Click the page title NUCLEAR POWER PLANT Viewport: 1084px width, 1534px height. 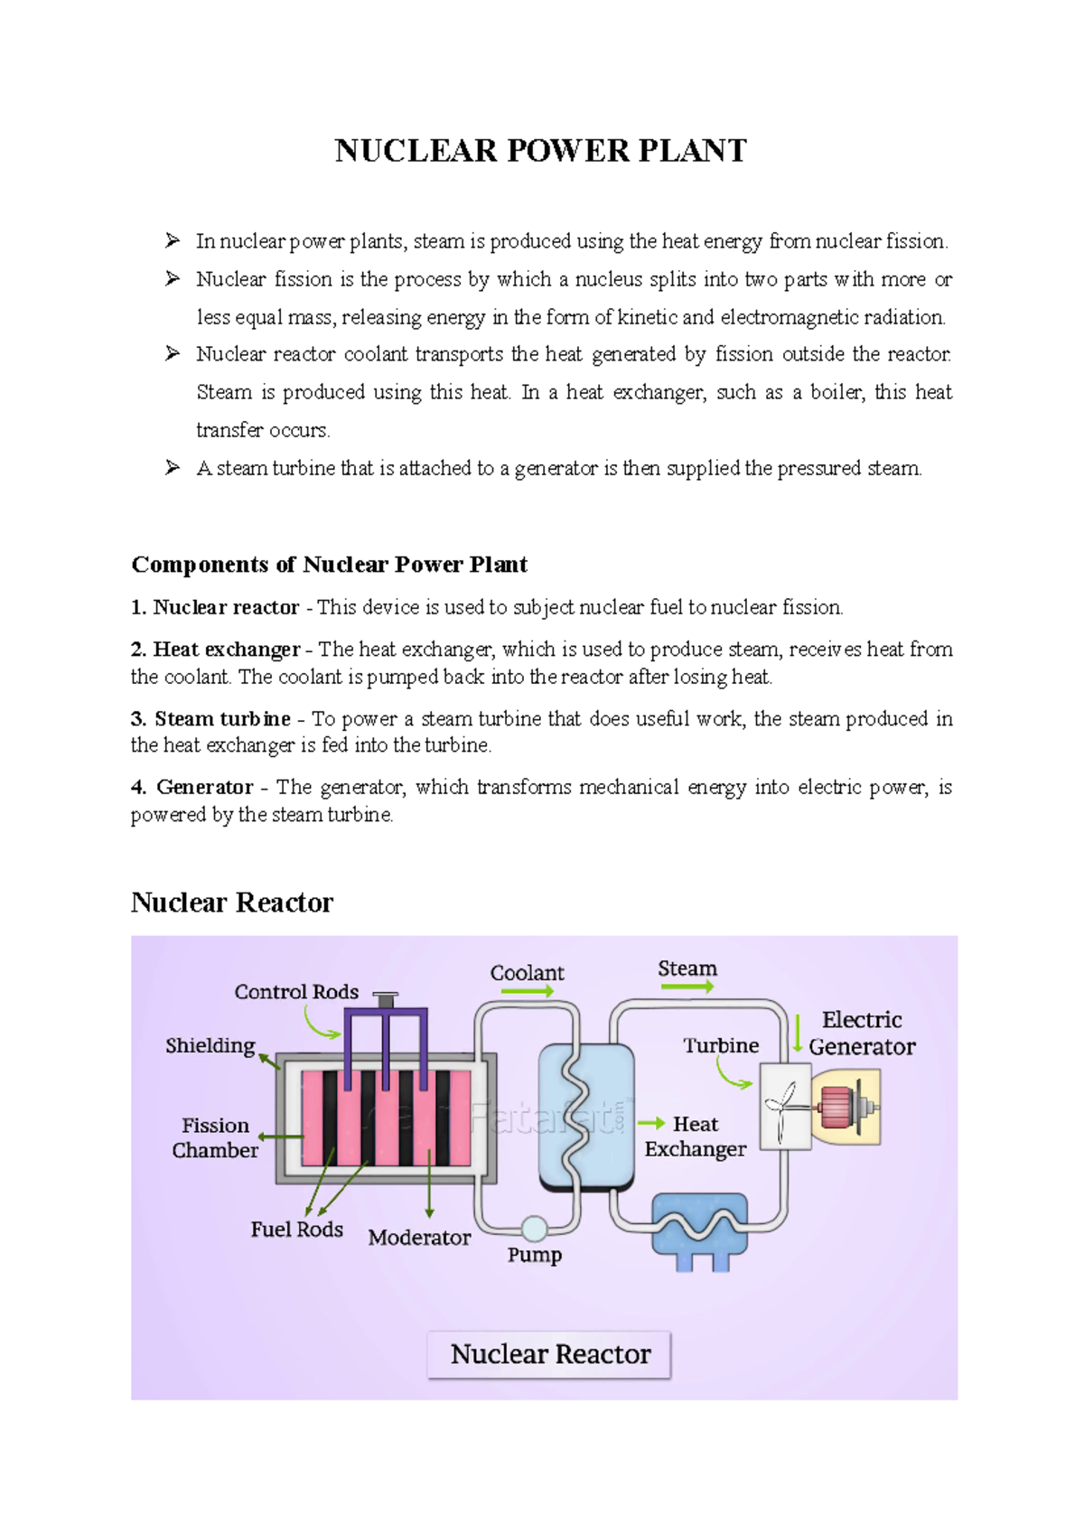540,151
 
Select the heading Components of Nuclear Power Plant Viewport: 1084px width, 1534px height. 329,565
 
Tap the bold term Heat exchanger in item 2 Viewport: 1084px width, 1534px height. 226,650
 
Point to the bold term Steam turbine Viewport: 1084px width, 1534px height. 222,719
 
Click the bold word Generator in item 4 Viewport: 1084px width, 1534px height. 204,788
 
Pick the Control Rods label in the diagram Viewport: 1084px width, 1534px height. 296,992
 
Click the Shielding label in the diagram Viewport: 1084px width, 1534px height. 210,1046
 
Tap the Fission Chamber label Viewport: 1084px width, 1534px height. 215,1138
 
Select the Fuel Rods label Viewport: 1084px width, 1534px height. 296,1230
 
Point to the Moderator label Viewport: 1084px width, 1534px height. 419,1238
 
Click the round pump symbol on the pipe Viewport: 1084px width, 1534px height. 535,1228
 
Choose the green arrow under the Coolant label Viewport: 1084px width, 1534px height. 527,991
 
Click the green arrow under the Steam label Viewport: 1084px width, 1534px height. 687,987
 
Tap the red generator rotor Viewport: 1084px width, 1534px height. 836,1108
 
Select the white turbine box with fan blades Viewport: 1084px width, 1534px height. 785,1106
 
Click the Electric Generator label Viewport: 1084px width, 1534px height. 862,1034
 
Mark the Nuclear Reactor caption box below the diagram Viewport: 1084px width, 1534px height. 549,1354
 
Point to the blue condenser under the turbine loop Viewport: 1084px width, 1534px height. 700,1227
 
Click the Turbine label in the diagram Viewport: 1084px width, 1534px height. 721,1046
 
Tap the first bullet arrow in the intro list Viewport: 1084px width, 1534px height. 173,240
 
